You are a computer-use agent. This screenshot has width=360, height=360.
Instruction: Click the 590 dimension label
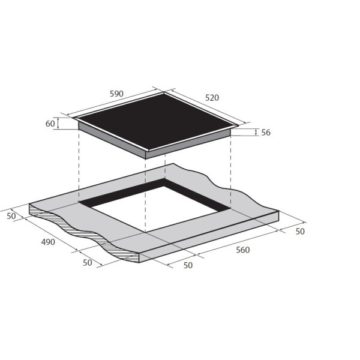click(x=116, y=94)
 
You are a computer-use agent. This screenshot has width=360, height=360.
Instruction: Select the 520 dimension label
click(x=212, y=98)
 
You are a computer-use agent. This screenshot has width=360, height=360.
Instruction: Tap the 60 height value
click(x=50, y=124)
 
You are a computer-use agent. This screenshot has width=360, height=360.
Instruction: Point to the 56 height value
click(x=266, y=133)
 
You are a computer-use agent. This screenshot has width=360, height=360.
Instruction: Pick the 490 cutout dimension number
click(x=48, y=242)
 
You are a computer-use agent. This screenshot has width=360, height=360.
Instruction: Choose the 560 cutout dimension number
click(x=242, y=250)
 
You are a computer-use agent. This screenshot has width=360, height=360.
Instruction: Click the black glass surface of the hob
click(x=155, y=121)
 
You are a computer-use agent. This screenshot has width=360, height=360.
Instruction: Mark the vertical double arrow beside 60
click(x=58, y=123)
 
